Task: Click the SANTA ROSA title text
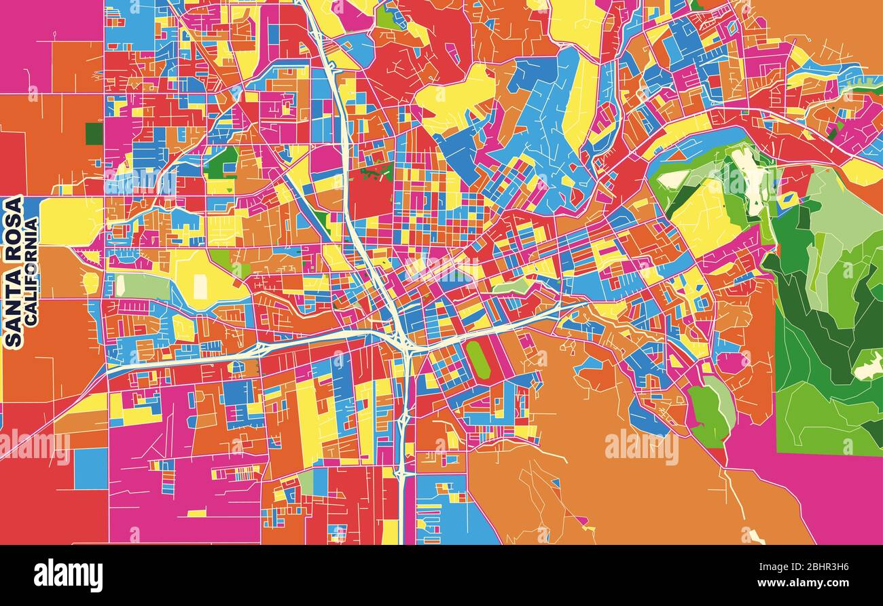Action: (x=14, y=271)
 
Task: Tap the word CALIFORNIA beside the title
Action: (x=31, y=271)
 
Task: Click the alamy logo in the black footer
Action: (x=68, y=575)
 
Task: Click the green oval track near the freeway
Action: (x=479, y=360)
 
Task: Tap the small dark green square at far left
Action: (x=94, y=133)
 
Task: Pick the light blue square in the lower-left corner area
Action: (x=90, y=468)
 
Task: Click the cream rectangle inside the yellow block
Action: (x=200, y=286)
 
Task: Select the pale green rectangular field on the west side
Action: (x=143, y=286)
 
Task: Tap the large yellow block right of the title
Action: (x=71, y=221)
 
